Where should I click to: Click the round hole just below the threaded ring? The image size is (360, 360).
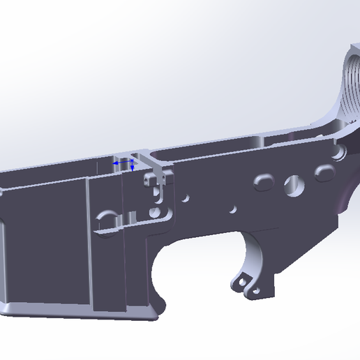click(340, 151)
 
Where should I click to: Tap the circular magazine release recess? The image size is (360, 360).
click(107, 218)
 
